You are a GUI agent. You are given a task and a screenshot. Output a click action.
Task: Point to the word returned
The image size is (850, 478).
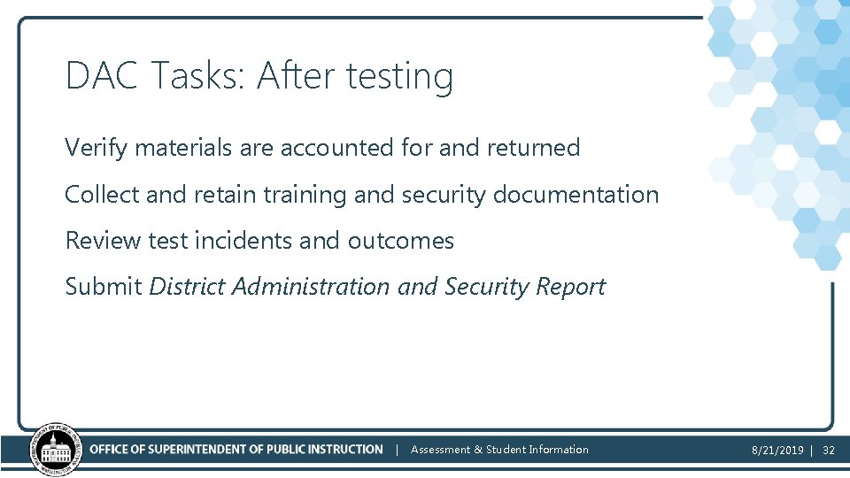[533, 148]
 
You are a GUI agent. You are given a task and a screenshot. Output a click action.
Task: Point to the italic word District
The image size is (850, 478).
[187, 287]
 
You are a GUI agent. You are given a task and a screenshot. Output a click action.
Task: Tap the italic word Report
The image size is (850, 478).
[574, 287]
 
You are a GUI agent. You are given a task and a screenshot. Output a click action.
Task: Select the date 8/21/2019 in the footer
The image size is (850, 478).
[777, 451]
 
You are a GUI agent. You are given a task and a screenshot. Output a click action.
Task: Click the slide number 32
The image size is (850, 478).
[829, 451]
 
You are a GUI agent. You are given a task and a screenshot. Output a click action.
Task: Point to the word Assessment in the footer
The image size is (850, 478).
[440, 450]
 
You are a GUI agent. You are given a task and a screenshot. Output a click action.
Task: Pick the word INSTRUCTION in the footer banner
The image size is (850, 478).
[350, 450]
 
